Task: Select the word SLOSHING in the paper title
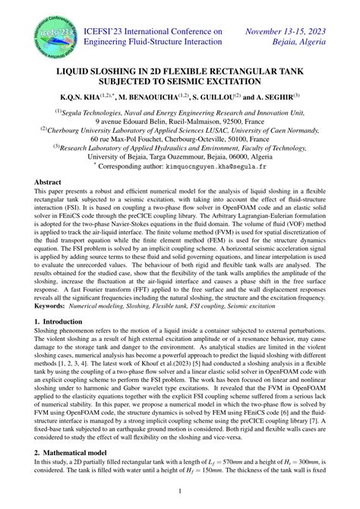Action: click(118, 68)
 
